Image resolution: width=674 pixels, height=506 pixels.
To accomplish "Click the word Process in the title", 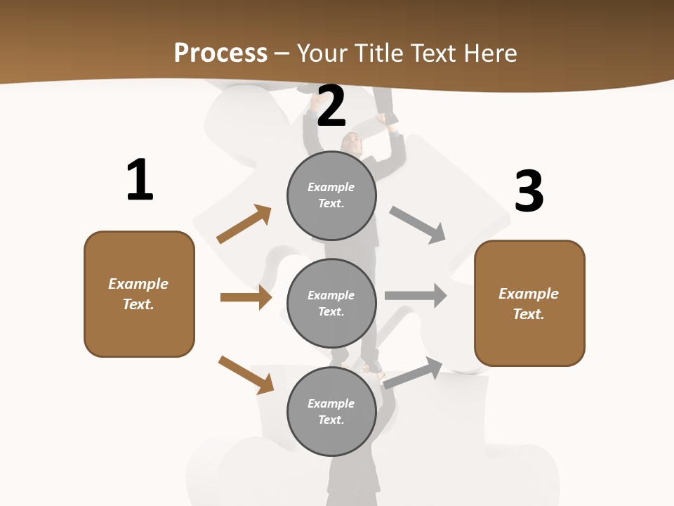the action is pyautogui.click(x=220, y=53).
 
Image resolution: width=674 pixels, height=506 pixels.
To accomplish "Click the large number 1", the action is pyautogui.click(x=140, y=180).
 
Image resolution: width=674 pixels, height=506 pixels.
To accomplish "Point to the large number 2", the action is pyautogui.click(x=331, y=106).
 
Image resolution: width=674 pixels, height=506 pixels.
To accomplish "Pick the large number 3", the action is pyautogui.click(x=529, y=191).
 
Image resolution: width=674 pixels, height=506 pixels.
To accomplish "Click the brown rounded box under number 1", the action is pyautogui.click(x=139, y=294).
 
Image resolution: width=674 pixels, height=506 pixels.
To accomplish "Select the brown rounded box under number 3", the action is pyautogui.click(x=529, y=303).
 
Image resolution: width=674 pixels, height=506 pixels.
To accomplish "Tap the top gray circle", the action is pyautogui.click(x=331, y=195).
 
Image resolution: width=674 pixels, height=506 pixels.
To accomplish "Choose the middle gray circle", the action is pyautogui.click(x=331, y=303).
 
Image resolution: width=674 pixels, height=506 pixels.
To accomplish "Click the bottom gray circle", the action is pyautogui.click(x=331, y=411).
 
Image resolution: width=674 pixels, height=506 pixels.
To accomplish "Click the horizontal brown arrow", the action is pyautogui.click(x=246, y=297).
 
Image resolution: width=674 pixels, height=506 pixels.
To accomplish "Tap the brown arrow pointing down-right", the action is pyautogui.click(x=246, y=375).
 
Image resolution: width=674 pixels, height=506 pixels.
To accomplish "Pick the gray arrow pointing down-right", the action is pyautogui.click(x=418, y=225).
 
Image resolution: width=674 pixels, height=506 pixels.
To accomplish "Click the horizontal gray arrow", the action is pyautogui.click(x=416, y=295).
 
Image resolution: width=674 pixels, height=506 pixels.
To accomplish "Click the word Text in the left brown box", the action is pyautogui.click(x=138, y=304).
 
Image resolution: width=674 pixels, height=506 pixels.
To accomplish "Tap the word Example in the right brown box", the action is pyautogui.click(x=529, y=294).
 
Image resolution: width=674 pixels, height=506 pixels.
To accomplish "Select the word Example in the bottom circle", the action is pyautogui.click(x=331, y=403).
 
